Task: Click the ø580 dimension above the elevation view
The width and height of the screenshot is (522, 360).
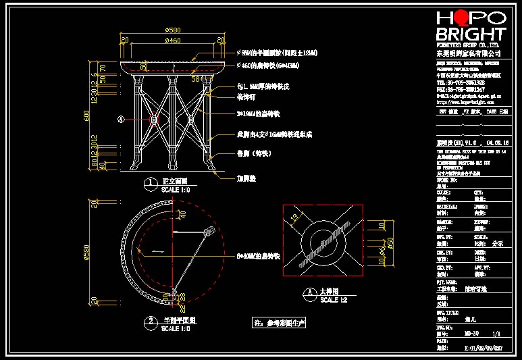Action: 173,30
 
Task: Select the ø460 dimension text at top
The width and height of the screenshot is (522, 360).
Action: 173,41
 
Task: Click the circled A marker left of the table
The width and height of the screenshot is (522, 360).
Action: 122,120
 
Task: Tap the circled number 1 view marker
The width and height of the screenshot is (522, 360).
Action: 149,182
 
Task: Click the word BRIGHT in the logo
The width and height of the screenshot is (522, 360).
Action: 470,34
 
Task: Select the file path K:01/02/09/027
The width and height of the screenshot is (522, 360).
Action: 479,349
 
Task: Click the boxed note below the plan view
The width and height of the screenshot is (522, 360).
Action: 279,322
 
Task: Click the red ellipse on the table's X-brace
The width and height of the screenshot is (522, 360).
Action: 155,120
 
